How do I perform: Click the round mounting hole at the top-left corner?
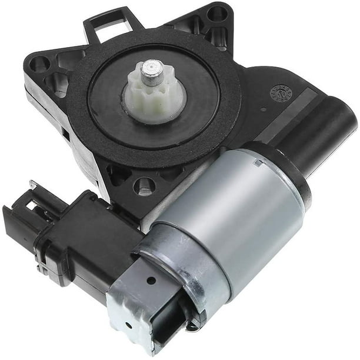(x=40, y=62)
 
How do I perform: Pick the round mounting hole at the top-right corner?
(x=216, y=13)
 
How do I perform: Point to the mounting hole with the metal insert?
(x=144, y=187)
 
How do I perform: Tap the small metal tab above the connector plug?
(x=34, y=188)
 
